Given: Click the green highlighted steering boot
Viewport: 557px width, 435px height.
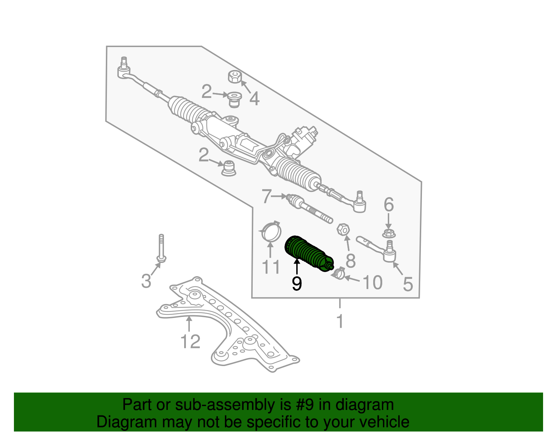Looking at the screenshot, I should pyautogui.click(x=308, y=255).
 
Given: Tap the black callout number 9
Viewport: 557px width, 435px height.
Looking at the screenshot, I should pyautogui.click(x=297, y=284).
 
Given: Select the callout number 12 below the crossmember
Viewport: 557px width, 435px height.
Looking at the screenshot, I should pyautogui.click(x=190, y=342).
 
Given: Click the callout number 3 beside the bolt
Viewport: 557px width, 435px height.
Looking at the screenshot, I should pyautogui.click(x=146, y=281).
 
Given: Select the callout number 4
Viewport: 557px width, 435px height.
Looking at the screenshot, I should pyautogui.click(x=254, y=99).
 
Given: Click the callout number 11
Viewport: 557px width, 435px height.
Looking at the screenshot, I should pyautogui.click(x=270, y=267).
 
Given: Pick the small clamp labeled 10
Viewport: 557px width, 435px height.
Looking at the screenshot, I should pyautogui.click(x=338, y=273).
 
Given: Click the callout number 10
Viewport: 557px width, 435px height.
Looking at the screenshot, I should pyautogui.click(x=372, y=282).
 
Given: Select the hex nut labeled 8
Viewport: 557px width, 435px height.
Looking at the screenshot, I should pyautogui.click(x=343, y=230).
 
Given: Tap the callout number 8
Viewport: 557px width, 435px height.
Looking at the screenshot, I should pyautogui.click(x=351, y=261).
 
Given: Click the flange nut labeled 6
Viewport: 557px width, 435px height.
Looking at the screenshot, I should pyautogui.click(x=389, y=234).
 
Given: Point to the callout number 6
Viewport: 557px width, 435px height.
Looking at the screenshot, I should pyautogui.click(x=389, y=205).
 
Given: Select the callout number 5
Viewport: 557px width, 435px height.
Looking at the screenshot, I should pyautogui.click(x=408, y=284).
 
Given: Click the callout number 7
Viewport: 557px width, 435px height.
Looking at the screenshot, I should pyautogui.click(x=266, y=196).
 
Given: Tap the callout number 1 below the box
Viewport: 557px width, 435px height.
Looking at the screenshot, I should pyautogui.click(x=340, y=321).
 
